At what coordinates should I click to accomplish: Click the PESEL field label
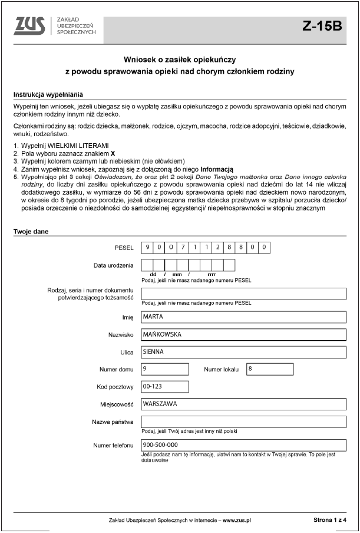124,248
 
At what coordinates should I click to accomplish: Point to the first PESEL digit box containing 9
148,248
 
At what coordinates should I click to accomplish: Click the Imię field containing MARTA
243,317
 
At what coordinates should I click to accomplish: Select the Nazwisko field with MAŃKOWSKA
243,334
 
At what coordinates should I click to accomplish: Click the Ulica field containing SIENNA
243,352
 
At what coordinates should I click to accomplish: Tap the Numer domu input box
165,369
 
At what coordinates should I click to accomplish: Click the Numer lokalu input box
269,369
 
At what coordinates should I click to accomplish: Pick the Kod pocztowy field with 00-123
165,387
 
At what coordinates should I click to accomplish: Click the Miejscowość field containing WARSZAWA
243,404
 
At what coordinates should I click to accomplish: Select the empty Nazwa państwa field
243,422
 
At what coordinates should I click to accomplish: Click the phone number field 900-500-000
243,445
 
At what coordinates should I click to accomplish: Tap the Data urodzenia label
114,265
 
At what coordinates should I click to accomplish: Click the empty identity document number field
243,294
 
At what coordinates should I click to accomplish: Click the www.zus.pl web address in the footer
236,521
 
